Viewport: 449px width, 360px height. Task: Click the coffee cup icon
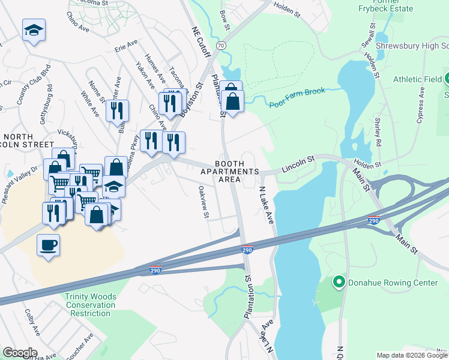point(48,245)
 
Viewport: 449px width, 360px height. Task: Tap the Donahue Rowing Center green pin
point(339,281)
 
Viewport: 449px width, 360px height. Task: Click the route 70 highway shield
point(221,46)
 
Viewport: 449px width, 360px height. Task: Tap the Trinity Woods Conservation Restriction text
point(91,305)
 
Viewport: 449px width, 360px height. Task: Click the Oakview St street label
point(203,202)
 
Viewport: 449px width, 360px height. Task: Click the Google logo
point(20,353)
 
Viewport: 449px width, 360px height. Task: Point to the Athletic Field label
point(417,79)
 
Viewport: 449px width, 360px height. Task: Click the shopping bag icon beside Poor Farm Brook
point(232,100)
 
